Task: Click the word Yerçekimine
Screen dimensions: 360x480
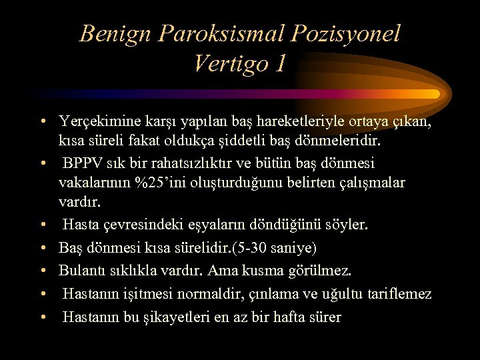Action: [98, 122]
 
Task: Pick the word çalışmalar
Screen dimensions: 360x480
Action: [369, 183]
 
